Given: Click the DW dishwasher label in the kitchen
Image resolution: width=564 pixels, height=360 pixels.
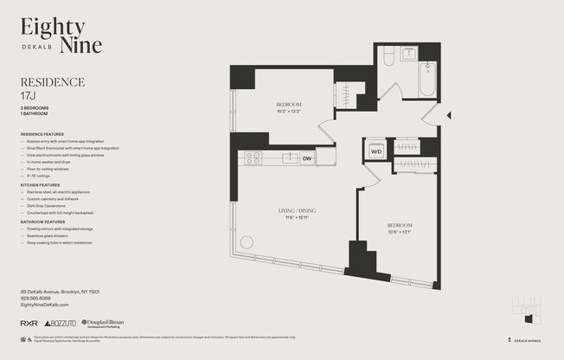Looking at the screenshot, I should pos(307,157).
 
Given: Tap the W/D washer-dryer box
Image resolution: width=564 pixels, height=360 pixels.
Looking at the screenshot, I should pos(376,151).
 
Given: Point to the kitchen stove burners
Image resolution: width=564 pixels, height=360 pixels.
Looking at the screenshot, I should pos(253,157).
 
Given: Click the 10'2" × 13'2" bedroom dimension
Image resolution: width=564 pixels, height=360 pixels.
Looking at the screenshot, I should pos(287,111).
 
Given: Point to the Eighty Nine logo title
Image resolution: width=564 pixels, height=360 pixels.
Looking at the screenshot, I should pos(61,35).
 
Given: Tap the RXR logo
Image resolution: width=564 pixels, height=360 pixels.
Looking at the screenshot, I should pos(29,323).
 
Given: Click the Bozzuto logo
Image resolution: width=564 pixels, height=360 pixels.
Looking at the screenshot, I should pos(61,323).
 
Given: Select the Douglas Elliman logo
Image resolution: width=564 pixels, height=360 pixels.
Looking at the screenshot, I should pos(103,322).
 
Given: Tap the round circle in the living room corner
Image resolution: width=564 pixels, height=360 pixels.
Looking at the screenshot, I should pos(247,242).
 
